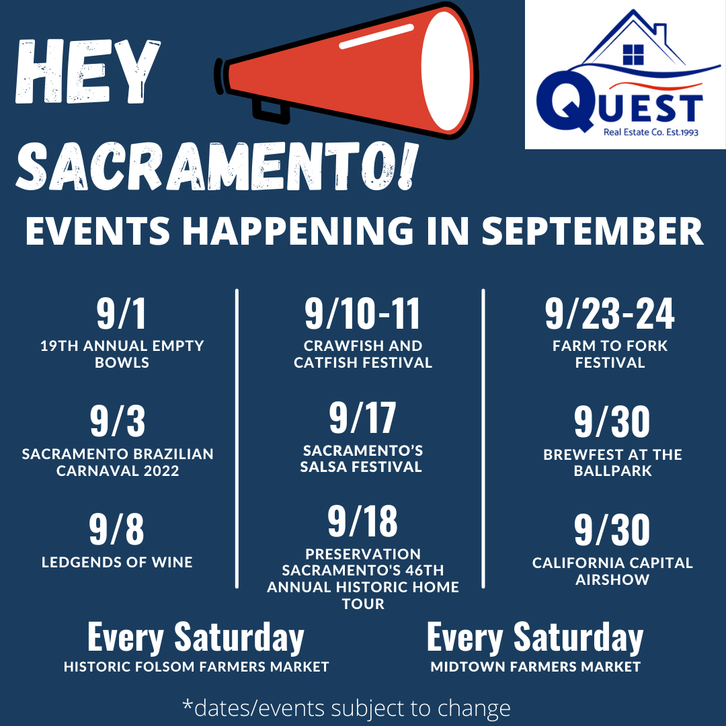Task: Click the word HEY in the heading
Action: [x=88, y=71]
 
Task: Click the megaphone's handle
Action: [x=271, y=111]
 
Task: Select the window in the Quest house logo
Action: [x=633, y=54]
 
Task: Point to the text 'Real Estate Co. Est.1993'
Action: [x=651, y=132]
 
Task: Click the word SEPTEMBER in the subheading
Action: [x=593, y=231]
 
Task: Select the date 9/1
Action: [x=122, y=313]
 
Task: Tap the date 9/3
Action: [x=118, y=421]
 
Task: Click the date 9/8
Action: [x=117, y=529]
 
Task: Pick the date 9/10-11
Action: [x=362, y=313]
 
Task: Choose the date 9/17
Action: [x=362, y=417]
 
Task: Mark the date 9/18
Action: [x=362, y=522]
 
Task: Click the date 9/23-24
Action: [x=610, y=313]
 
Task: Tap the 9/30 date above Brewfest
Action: [x=612, y=421]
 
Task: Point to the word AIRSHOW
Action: [x=612, y=579]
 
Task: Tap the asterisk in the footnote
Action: [x=188, y=704]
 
